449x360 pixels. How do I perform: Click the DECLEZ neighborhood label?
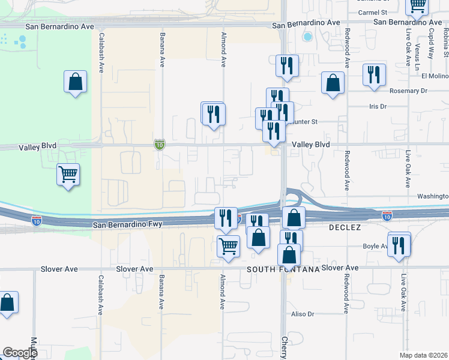(344, 229)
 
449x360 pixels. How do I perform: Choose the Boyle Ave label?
(375, 246)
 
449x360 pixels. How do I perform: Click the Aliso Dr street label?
(303, 314)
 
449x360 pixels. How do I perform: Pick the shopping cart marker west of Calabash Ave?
(68, 175)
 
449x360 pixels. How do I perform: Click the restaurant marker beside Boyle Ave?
(399, 244)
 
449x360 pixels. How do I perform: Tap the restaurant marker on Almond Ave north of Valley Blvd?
(213, 113)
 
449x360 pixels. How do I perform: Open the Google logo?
(20, 352)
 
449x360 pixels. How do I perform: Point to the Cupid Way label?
(430, 44)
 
